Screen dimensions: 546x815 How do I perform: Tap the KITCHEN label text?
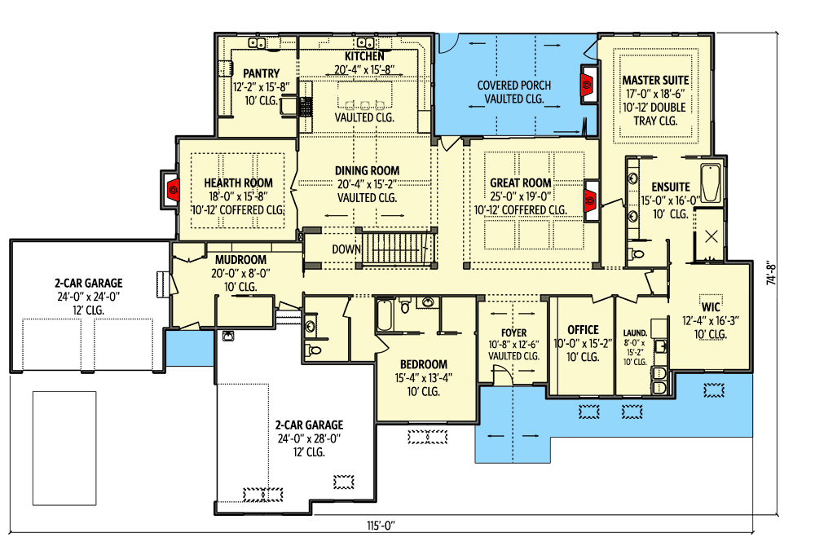coord(364,56)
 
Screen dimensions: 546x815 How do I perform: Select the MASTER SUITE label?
coord(655,81)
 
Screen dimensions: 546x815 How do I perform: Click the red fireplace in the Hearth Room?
coord(172,191)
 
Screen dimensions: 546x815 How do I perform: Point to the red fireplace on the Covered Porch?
coord(586,81)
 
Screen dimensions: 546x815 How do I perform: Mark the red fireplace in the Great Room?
coord(588,199)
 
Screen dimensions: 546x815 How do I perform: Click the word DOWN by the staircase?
coord(346,249)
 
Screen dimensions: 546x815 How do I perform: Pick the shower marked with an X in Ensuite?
coord(711,236)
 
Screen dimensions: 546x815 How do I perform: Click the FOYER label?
coord(513,333)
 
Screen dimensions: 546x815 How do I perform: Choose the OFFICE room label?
coord(583,330)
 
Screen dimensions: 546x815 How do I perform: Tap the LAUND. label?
coord(635,334)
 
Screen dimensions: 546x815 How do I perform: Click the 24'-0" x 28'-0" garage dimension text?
coord(308,438)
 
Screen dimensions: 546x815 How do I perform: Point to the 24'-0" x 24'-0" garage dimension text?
coord(85,297)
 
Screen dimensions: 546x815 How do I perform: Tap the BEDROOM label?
coord(424,364)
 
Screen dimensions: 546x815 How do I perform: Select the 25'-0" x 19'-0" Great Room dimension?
coord(520,196)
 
